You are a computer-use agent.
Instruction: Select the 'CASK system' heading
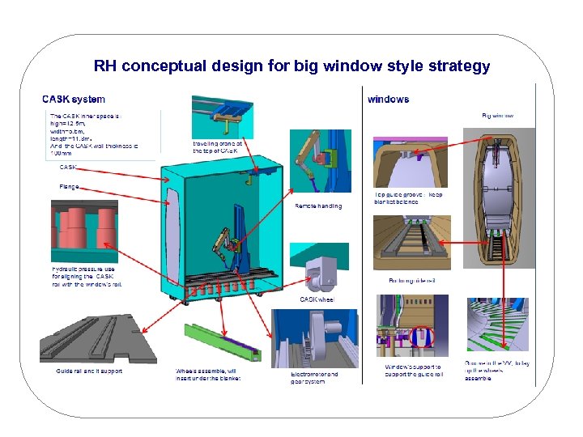(x=74, y=100)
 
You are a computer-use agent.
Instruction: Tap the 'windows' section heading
(x=388, y=100)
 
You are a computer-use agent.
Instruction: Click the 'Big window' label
(x=497, y=116)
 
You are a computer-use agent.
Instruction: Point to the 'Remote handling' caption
(x=318, y=206)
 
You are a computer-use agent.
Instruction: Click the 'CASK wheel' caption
(x=317, y=299)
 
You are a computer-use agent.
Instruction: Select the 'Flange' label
(x=69, y=186)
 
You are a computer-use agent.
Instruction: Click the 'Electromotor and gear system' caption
(x=314, y=377)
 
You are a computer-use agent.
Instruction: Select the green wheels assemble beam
(x=221, y=345)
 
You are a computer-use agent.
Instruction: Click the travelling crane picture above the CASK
(x=223, y=117)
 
